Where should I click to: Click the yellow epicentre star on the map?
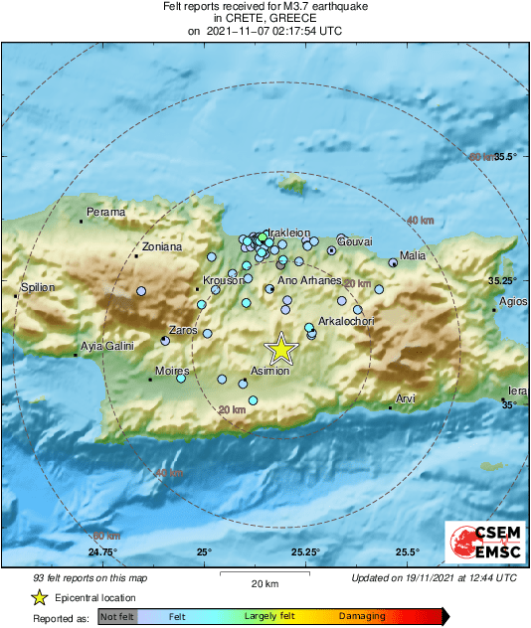point(281,348)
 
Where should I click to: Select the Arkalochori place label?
point(346,322)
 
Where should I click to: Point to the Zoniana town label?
point(162,246)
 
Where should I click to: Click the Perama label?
point(106,212)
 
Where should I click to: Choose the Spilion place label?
point(38,287)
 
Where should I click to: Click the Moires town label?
point(172,372)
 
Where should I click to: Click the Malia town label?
point(412,255)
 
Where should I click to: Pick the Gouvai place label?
point(355,241)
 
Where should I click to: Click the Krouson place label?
point(223,281)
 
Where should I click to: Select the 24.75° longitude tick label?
point(102,551)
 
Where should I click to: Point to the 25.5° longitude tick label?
point(407,551)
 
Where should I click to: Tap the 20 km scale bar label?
point(264,583)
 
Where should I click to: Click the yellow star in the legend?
point(39,597)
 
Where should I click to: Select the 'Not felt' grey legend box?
point(117,617)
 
